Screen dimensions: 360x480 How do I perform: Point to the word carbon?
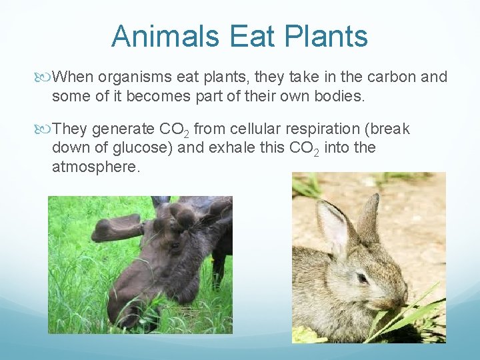pos(378,78)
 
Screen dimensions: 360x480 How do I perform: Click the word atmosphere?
pos(96,166)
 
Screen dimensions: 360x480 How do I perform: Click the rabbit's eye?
pos(362,277)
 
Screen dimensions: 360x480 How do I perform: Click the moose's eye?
pos(174,245)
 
